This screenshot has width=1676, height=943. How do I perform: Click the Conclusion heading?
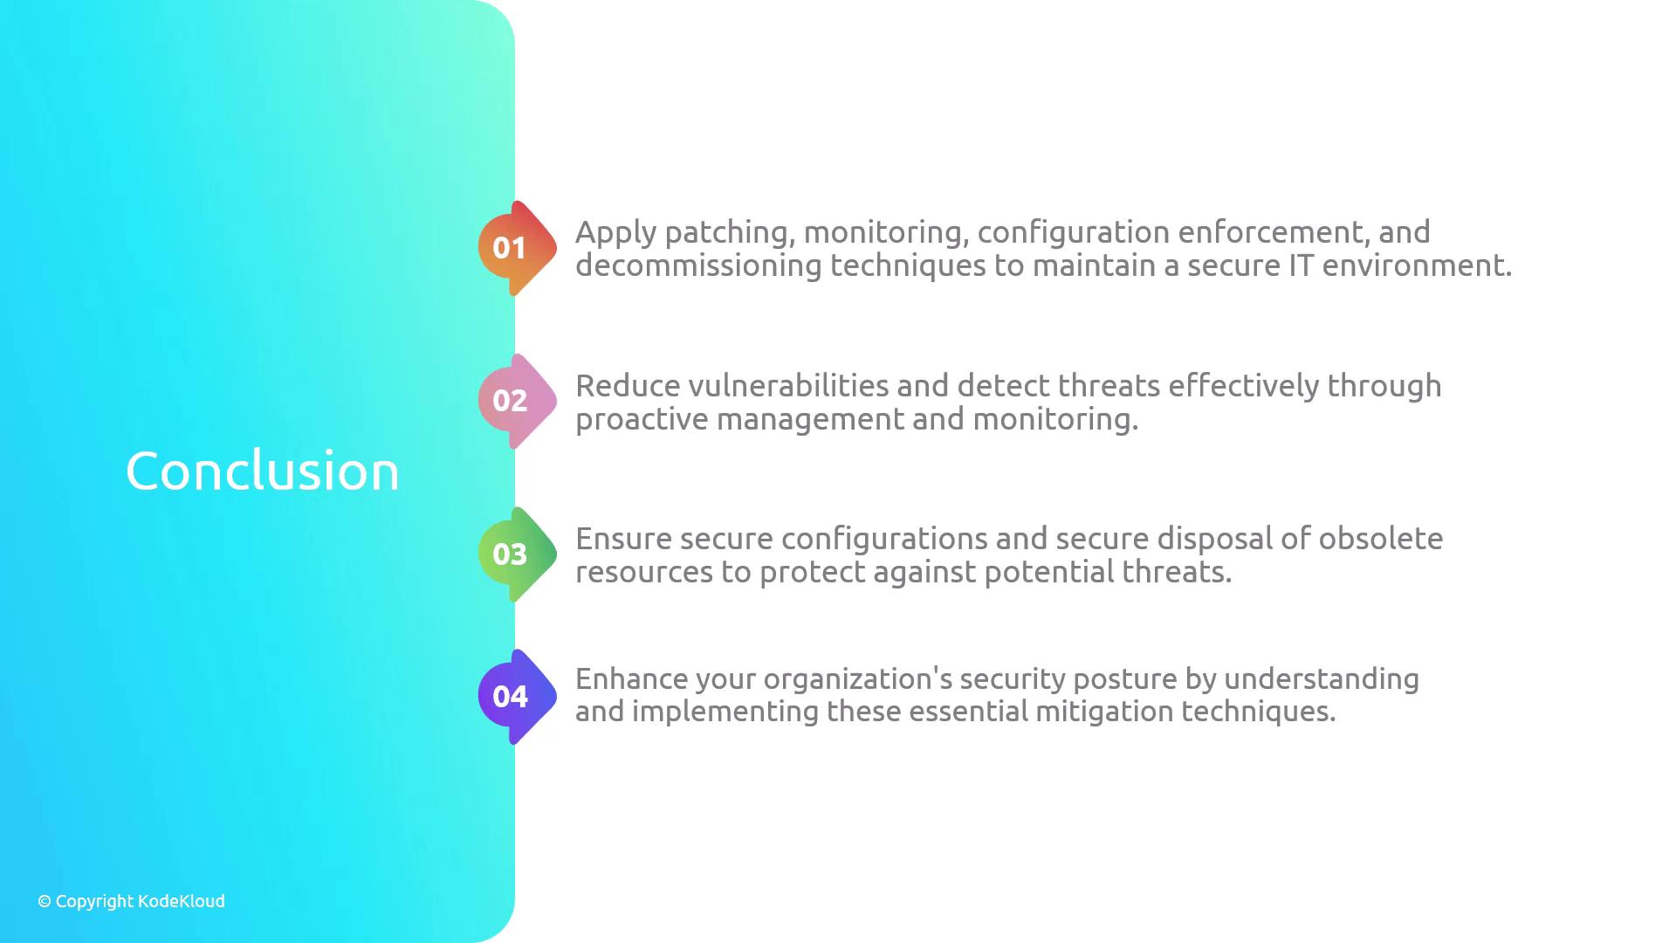coord(263,471)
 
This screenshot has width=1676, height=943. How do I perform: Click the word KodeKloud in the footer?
coord(182,901)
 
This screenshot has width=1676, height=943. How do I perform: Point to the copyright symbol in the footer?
coord(45,902)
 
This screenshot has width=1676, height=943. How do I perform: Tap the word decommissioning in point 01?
coord(698,265)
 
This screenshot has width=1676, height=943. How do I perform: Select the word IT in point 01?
coord(1301,265)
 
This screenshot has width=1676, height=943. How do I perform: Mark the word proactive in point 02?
coord(642,421)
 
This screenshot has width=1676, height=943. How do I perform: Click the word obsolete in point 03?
coord(1381,539)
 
